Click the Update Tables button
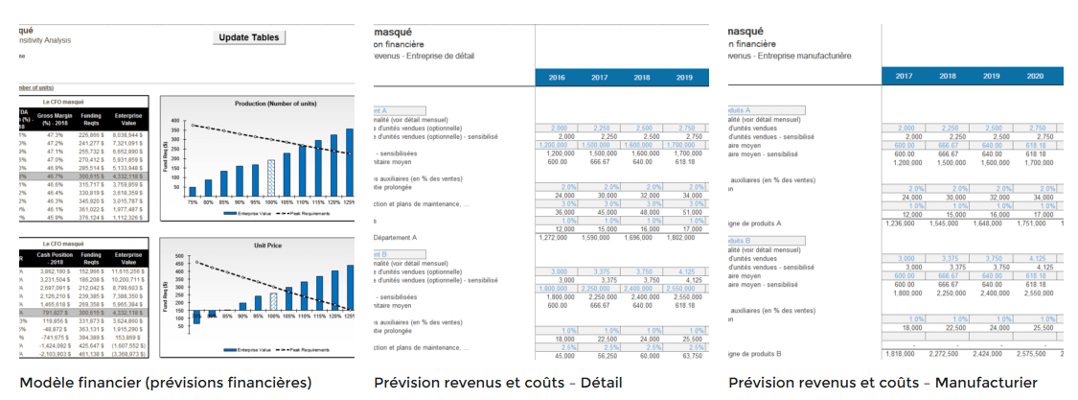249,37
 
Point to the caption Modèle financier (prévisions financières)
166,383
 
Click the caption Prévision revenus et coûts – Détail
497,383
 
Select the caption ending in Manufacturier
883,383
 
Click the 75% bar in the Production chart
193,190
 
